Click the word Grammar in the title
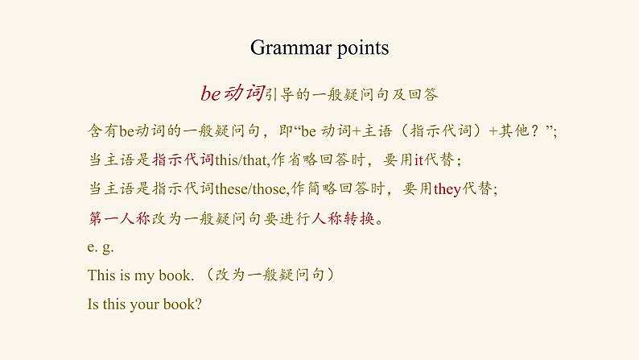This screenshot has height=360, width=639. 286,48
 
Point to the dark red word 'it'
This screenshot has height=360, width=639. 418,159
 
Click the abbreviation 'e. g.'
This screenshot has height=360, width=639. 101,248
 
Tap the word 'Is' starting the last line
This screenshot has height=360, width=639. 93,305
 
